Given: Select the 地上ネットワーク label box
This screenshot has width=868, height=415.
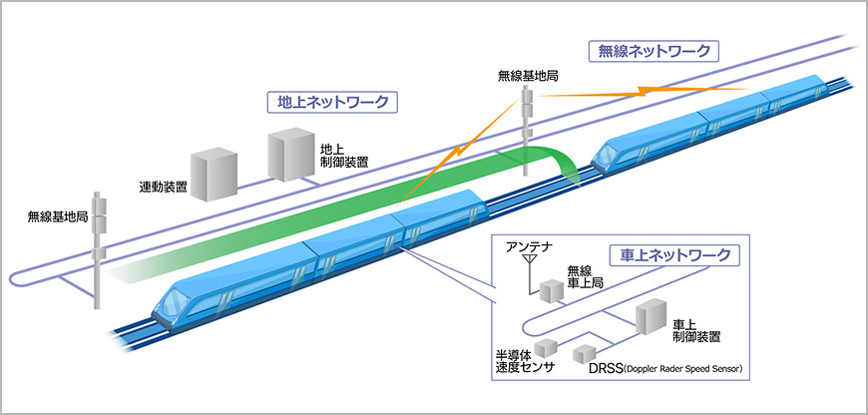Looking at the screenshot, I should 333,102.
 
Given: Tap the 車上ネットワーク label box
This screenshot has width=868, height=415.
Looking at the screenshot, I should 675,255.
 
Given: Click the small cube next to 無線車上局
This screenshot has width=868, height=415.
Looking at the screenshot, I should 551,290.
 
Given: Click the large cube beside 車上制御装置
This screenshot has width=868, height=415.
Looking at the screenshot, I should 649,319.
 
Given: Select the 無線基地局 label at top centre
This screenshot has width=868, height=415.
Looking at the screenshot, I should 529,76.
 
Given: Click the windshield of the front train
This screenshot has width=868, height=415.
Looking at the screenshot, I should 179,299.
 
